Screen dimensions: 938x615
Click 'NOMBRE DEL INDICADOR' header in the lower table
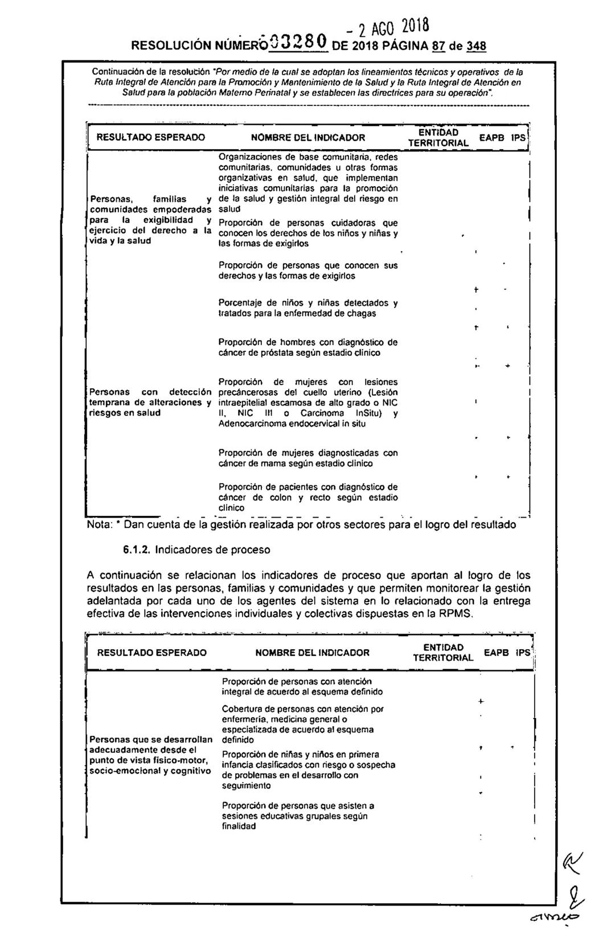point(312,653)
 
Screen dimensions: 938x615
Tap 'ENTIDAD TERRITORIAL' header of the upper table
point(439,137)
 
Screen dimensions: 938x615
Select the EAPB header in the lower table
point(496,652)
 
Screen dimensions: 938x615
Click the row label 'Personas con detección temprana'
point(150,402)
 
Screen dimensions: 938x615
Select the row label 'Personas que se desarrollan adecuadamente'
point(150,755)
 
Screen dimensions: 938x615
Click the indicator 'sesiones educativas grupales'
point(298,816)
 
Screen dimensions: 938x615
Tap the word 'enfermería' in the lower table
point(245,719)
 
